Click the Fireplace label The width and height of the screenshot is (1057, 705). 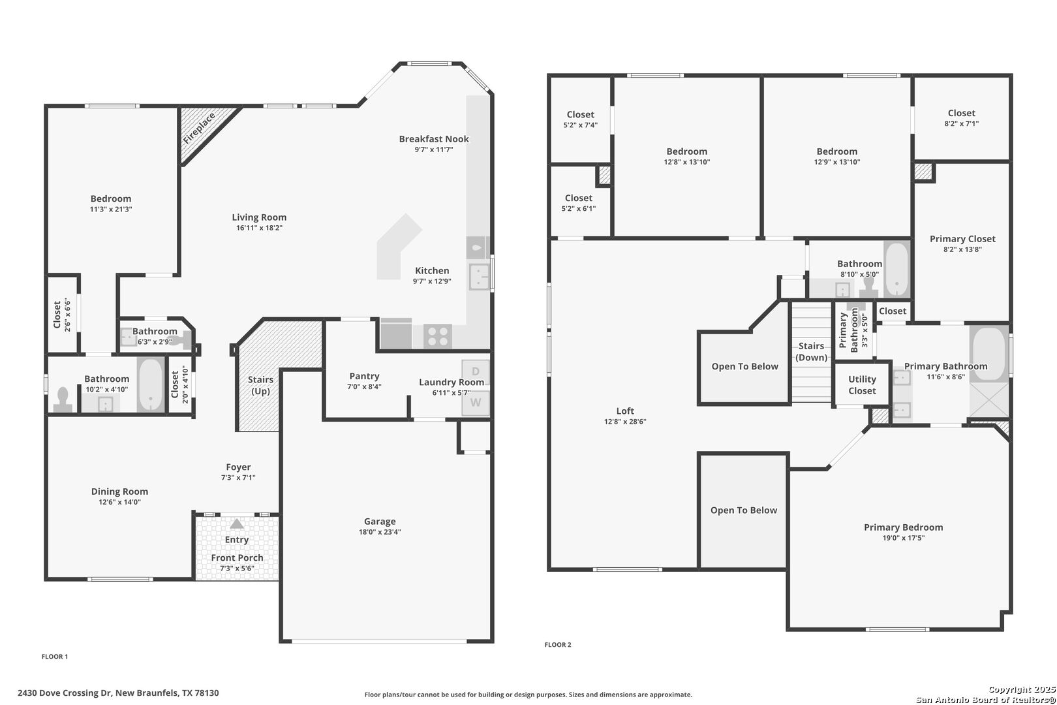(199, 129)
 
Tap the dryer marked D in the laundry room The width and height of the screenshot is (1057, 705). (476, 371)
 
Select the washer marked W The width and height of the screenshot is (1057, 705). (476, 403)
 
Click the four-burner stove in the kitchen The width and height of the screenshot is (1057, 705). (437, 336)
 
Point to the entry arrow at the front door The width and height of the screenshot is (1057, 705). (237, 524)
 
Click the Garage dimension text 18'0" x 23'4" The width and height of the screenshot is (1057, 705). (380, 532)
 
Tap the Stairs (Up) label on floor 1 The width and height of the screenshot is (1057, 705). (260, 385)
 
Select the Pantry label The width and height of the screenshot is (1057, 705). (364, 376)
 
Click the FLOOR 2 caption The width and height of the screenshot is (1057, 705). (558, 644)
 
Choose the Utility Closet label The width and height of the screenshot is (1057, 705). (862, 385)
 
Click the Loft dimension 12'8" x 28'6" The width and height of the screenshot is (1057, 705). (625, 422)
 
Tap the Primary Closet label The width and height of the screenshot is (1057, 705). (962, 239)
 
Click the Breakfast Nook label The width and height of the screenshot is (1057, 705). (434, 139)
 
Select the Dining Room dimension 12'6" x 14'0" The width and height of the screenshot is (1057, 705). (120, 502)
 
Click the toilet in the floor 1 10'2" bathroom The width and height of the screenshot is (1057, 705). (63, 399)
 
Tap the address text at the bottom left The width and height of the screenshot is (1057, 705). (119, 693)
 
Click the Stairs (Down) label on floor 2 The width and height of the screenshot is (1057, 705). (811, 352)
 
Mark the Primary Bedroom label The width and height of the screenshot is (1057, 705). (904, 527)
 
